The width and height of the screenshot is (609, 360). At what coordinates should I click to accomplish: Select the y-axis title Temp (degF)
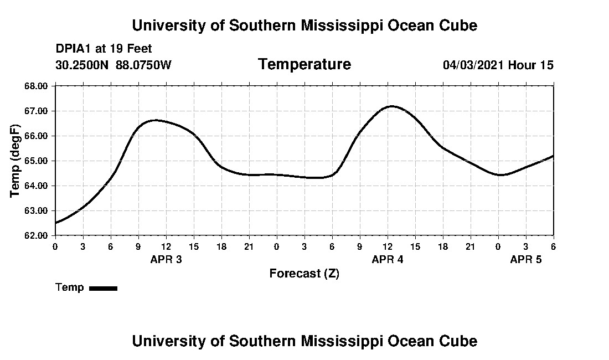[16, 161]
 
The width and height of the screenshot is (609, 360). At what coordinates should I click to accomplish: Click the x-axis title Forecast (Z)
[304, 274]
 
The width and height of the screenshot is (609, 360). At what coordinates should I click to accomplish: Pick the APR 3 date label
[166, 259]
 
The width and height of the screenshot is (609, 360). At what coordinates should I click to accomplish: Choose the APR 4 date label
[388, 259]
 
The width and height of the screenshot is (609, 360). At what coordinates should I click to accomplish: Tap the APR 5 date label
[525, 259]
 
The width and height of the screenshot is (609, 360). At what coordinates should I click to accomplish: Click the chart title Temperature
[304, 65]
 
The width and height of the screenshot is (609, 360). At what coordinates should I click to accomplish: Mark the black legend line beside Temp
[103, 288]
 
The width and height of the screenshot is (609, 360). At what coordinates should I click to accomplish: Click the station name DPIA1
[74, 49]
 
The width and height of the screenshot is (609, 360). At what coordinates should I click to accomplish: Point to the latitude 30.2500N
[82, 65]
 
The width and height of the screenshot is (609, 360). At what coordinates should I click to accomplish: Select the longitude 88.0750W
[143, 65]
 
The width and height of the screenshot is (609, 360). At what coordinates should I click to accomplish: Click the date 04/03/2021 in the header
[473, 65]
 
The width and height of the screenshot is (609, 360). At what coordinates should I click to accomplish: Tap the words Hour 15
[531, 65]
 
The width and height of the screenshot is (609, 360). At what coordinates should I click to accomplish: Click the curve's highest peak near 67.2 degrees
[392, 106]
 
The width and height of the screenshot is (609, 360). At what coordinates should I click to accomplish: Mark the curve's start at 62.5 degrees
[55, 223]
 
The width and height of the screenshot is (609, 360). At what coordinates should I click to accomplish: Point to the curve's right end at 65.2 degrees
[553, 156]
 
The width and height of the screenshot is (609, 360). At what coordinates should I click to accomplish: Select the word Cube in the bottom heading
[459, 341]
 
